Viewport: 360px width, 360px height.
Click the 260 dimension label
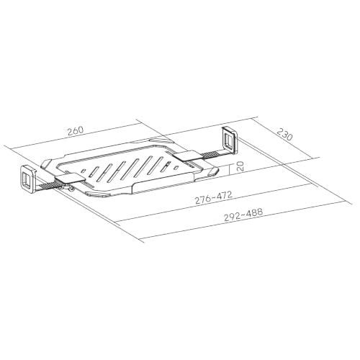pos(76,131)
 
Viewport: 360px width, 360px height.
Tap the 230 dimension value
pos(285,135)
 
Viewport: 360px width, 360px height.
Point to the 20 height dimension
pos(240,166)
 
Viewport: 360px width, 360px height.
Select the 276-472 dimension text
pos(214,197)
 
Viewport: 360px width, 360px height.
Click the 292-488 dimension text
pos(243,215)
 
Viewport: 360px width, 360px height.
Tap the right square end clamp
pos(230,140)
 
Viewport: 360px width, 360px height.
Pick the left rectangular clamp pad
pos(70,179)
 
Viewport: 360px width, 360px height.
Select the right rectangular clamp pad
pos(188,156)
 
